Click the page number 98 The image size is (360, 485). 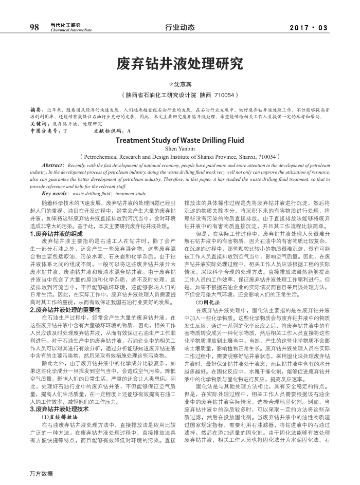point(35,27)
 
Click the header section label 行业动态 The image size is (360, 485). point(180,28)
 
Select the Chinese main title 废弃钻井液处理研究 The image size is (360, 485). point(180,64)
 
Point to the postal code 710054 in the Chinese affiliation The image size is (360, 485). point(224,95)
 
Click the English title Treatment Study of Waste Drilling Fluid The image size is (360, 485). point(180,140)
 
